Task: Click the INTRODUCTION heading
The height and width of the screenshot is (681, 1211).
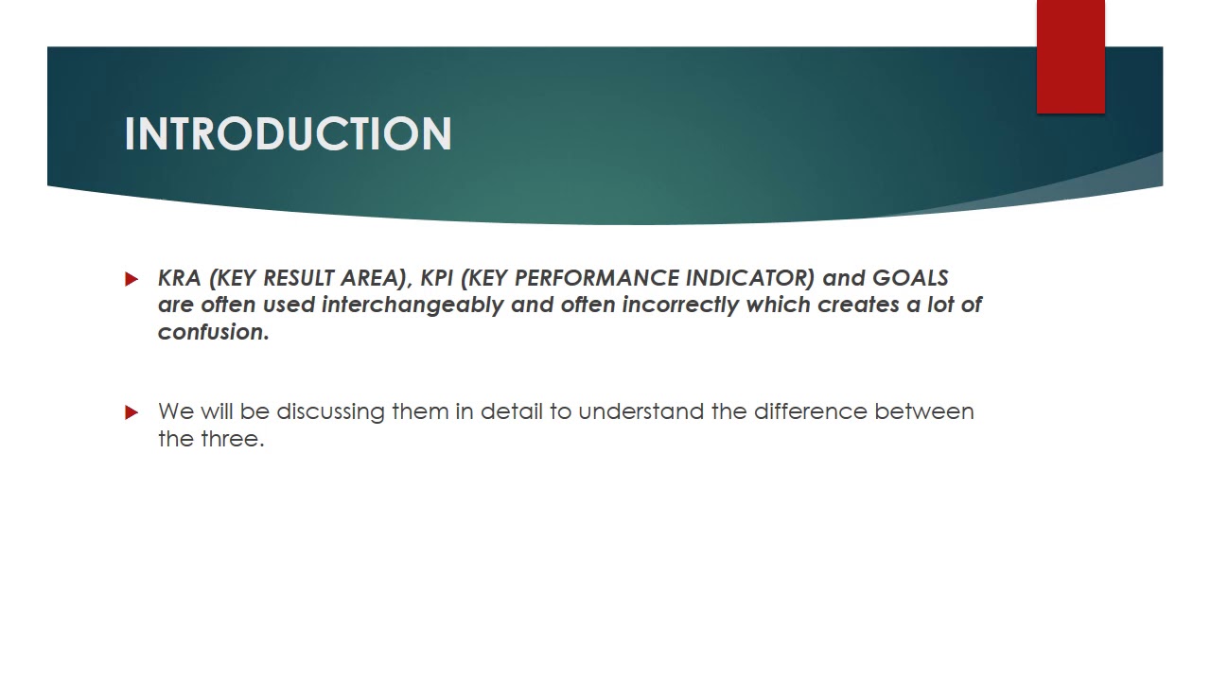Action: pyautogui.click(x=288, y=134)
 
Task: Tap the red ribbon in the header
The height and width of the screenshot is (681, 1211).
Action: pyautogui.click(x=1070, y=58)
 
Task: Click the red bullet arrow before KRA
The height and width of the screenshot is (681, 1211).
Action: pyautogui.click(x=132, y=279)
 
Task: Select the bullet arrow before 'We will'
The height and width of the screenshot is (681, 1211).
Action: pyautogui.click(x=132, y=412)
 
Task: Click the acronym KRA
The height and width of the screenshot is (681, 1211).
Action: pyautogui.click(x=180, y=278)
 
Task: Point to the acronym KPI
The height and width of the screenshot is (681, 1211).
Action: pyautogui.click(x=437, y=278)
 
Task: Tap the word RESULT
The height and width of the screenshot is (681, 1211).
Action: pyautogui.click(x=298, y=278)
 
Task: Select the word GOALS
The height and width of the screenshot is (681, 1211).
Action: pyautogui.click(x=910, y=278)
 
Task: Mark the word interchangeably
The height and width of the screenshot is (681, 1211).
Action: pyautogui.click(x=412, y=306)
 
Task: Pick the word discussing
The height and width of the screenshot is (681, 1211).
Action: pyautogui.click(x=330, y=412)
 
